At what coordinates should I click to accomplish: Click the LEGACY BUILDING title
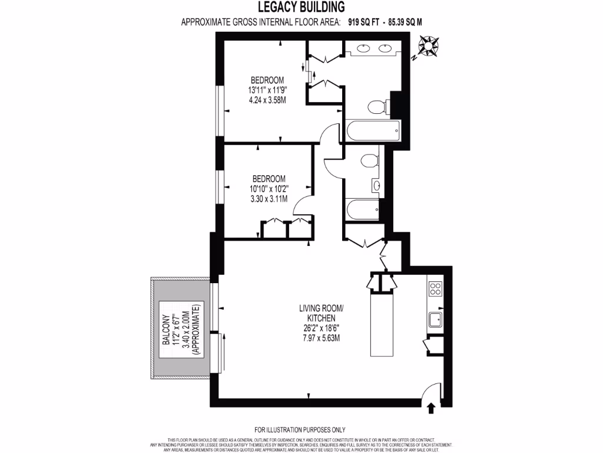[x=301, y=7]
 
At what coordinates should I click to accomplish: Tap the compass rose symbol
[x=428, y=46]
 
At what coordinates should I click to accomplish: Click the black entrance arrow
[x=431, y=408]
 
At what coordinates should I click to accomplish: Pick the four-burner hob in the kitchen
[x=436, y=289]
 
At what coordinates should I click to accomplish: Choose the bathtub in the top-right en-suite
[x=373, y=129]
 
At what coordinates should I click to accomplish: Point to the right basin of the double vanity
[x=386, y=49]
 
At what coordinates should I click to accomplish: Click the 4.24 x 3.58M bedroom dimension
[x=267, y=100]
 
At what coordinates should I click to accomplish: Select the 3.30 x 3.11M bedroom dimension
[x=269, y=199]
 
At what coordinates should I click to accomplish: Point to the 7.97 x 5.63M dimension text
[x=320, y=338]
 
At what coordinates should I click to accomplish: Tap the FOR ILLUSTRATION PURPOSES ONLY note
[x=300, y=429]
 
